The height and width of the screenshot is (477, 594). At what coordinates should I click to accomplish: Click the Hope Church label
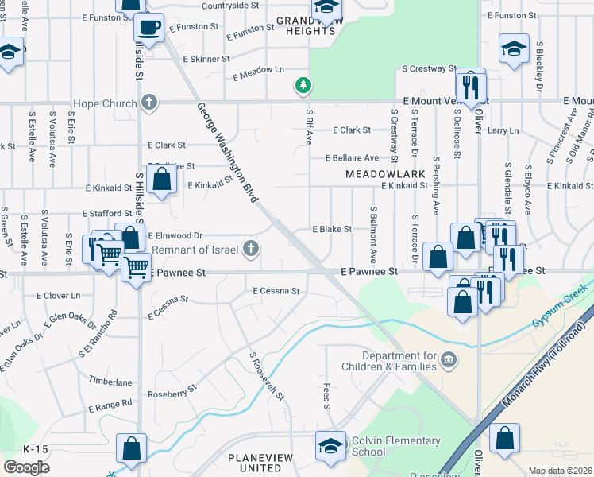point(105,103)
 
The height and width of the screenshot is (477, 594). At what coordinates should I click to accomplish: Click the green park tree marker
point(303,84)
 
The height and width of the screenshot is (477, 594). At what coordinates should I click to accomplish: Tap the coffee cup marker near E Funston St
point(148,29)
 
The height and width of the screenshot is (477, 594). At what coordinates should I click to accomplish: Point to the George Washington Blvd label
point(229,151)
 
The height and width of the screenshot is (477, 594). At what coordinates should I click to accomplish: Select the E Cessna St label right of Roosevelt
point(276,292)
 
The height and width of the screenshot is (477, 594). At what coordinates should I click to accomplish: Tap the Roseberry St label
point(172,394)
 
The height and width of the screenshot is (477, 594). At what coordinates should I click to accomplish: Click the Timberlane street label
point(106,381)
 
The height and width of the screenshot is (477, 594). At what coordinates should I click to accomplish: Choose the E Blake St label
point(331,229)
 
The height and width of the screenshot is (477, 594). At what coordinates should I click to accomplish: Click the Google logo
point(26,467)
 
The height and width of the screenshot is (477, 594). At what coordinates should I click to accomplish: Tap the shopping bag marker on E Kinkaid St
point(161,181)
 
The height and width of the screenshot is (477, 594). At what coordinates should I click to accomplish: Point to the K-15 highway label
point(36,449)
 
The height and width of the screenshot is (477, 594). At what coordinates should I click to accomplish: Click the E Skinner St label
point(206,59)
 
